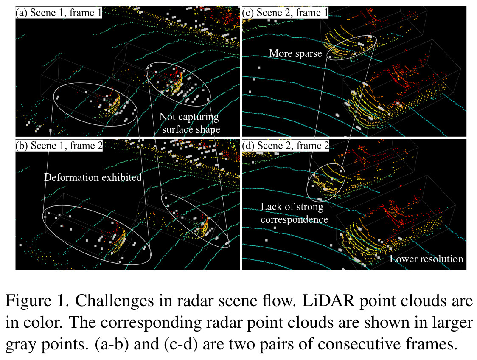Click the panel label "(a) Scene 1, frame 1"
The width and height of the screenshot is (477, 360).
59,13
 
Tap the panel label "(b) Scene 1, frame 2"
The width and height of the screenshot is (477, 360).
59,146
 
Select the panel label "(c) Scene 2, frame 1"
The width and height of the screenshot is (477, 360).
285,13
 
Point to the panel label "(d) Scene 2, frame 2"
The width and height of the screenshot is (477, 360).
285,146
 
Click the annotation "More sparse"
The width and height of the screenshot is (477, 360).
295,53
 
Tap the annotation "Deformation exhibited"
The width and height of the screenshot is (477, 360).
93,177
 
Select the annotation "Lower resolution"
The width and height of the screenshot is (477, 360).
426,259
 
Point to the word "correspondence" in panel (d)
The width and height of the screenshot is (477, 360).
294,219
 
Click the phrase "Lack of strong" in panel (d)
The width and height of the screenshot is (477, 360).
292,207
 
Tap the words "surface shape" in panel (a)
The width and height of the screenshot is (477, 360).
191,129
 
